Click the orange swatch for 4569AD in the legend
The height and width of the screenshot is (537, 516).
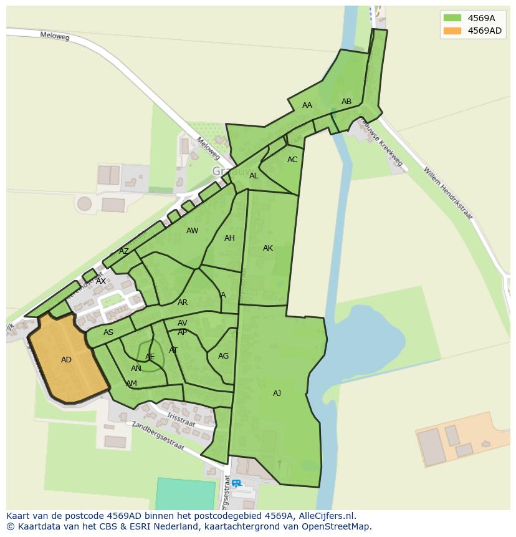(452, 31)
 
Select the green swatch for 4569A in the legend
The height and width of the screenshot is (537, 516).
(452, 18)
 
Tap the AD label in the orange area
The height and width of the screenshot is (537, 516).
(66, 360)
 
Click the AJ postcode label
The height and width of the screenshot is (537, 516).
(277, 394)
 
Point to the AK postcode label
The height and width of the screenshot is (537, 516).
(268, 248)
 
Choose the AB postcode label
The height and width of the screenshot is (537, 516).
(346, 102)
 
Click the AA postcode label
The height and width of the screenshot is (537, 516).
(307, 105)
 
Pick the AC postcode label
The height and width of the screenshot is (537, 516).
(292, 160)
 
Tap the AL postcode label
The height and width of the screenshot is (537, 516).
(254, 176)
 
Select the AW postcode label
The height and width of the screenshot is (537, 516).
(192, 231)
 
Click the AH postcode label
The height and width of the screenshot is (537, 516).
(229, 238)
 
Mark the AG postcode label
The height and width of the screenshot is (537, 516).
(223, 356)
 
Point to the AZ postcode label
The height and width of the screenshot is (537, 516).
(124, 251)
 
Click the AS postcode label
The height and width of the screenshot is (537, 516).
(108, 332)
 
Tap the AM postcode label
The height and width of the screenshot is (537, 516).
(131, 384)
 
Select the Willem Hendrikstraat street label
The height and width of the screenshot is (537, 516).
(447, 193)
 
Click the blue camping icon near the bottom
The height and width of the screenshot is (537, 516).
(236, 483)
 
